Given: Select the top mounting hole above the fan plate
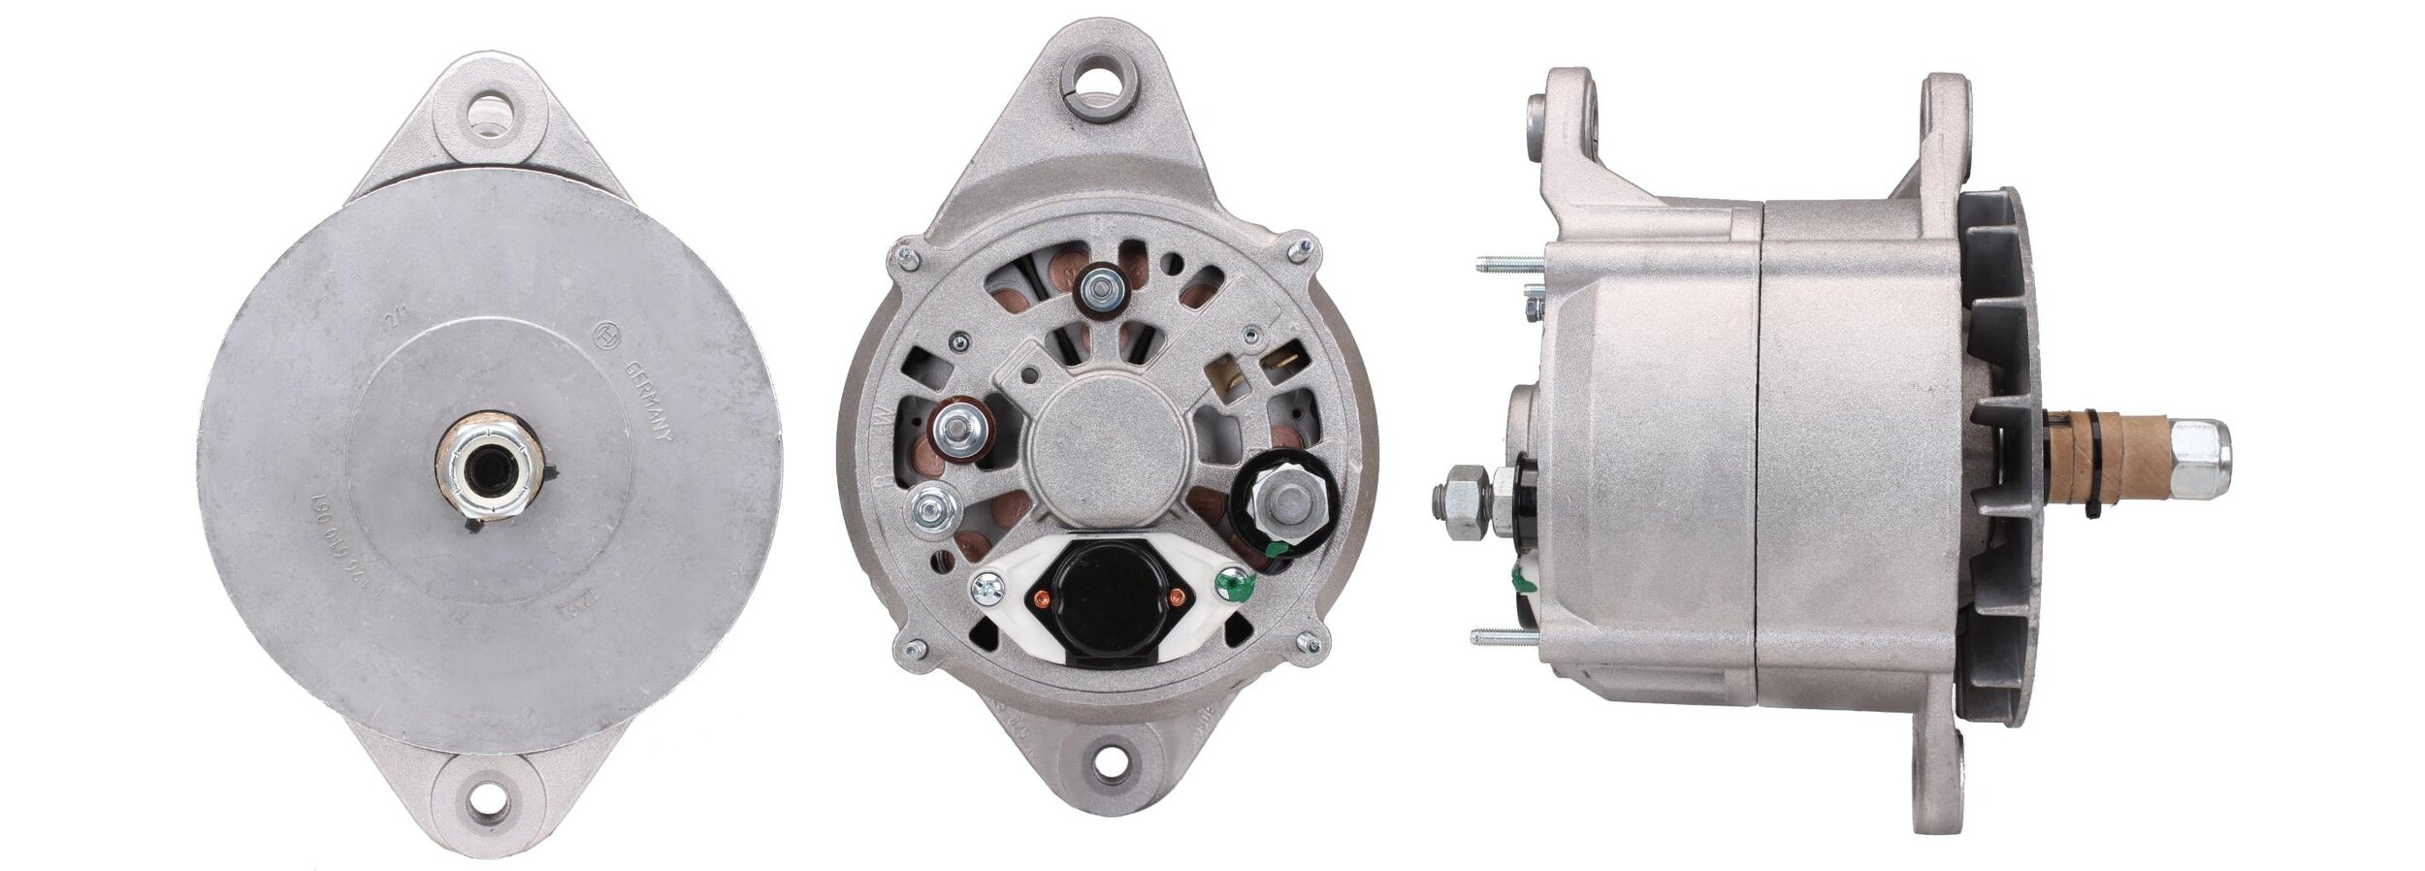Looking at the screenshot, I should (x=489, y=113).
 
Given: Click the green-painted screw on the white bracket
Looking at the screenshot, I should (x=1233, y=584).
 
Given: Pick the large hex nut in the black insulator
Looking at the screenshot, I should (x=1284, y=503).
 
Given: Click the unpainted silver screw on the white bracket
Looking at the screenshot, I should (x=986, y=584).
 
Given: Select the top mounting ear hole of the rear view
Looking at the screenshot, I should (x=1100, y=96).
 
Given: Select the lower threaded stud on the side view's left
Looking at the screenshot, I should (x=1505, y=637).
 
